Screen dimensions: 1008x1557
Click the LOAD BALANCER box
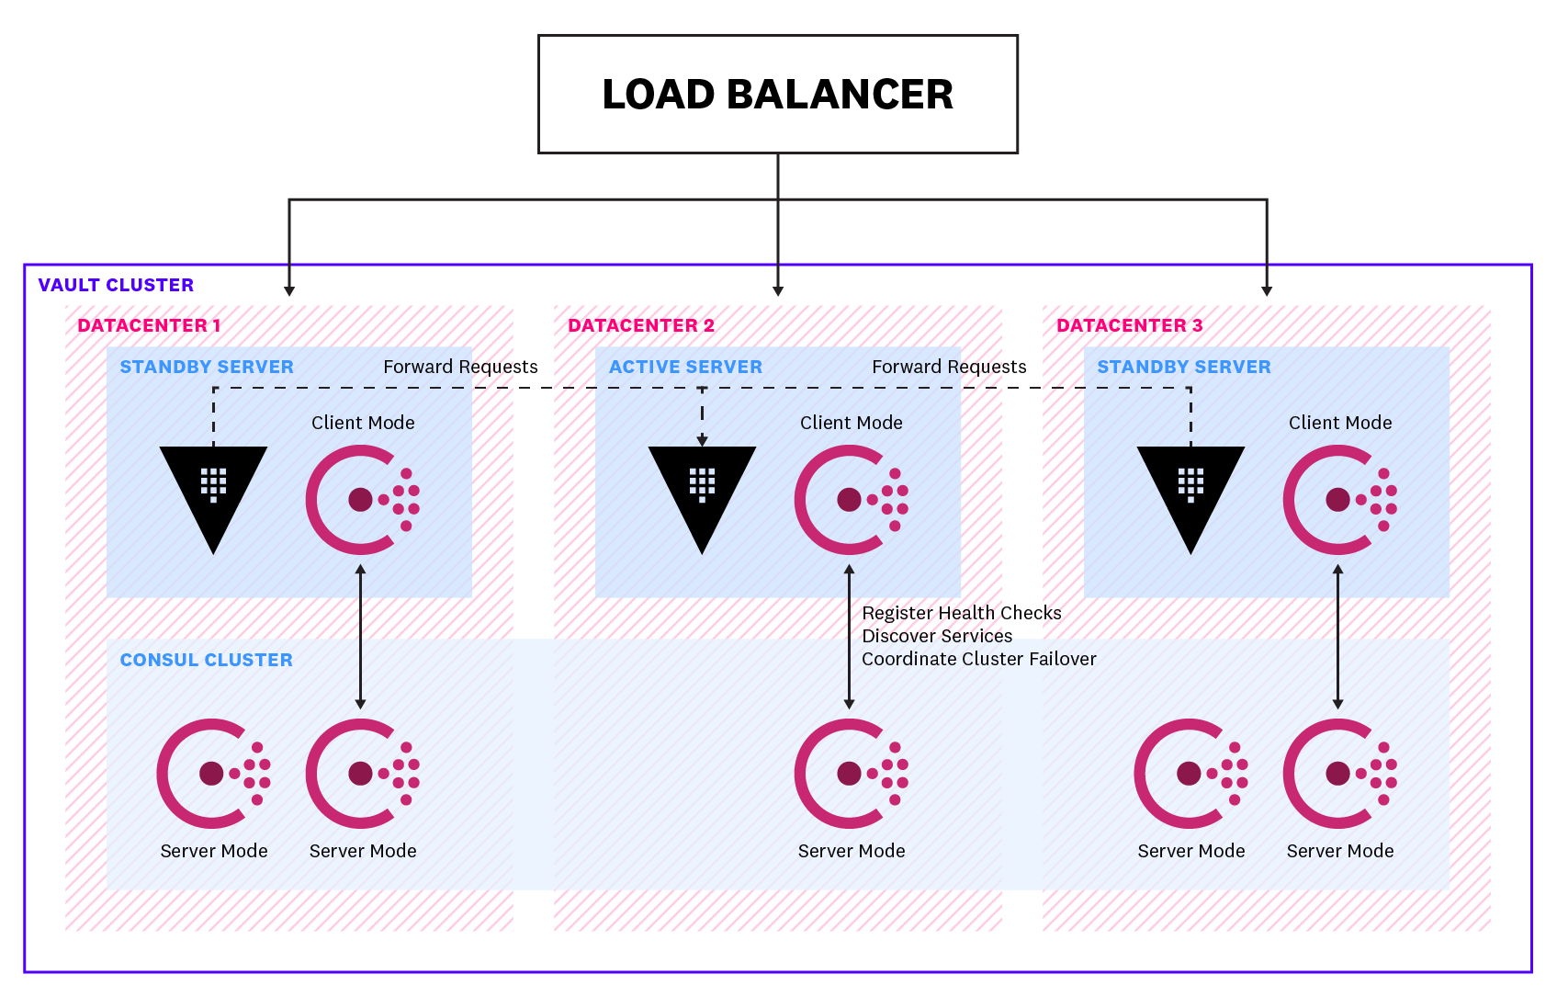pos(777,94)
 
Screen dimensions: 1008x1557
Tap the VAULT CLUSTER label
pos(116,285)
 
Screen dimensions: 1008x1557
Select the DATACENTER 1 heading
pos(149,325)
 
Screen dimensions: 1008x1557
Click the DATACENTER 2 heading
pos(640,325)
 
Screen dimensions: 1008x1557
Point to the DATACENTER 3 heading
pos(1129,325)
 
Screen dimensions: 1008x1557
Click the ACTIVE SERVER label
pos(685,367)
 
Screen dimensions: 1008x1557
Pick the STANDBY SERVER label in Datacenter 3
pos(1183,367)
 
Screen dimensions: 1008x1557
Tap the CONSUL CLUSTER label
pos(206,660)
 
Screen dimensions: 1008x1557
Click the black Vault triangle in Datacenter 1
pos(213,492)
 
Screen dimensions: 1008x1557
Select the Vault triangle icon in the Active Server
pos(702,492)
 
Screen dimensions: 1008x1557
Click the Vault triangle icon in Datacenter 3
pos(1190,492)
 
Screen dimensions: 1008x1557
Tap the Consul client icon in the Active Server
pos(850,500)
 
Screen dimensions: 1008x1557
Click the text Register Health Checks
pos(961,613)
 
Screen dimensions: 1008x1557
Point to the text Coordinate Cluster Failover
pos(978,659)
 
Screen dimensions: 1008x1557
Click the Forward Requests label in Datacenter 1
pos(460,367)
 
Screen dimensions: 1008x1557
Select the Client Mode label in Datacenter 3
pos(1339,423)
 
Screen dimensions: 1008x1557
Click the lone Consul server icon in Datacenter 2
pos(850,774)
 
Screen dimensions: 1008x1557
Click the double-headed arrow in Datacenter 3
pos(1337,636)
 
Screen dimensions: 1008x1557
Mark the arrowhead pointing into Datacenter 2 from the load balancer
pos(778,290)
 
